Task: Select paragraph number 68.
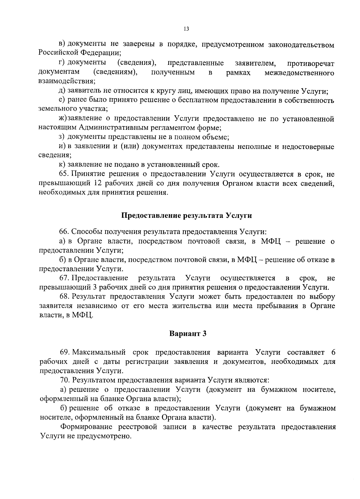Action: pyautogui.click(x=64, y=297)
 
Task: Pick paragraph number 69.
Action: pyautogui.click(x=65, y=352)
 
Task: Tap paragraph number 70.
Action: pyautogui.click(x=65, y=380)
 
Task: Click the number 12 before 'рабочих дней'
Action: pyautogui.click(x=98, y=183)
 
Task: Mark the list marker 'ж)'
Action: pyautogui.click(x=62, y=119)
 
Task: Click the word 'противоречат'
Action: pyautogui.click(x=310, y=63)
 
